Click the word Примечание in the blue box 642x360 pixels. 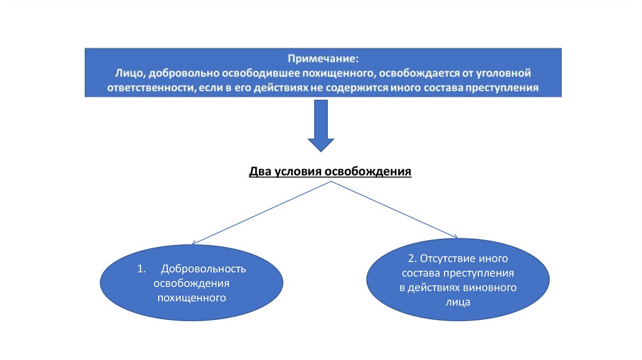[323, 59]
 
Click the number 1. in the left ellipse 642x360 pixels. [141, 269]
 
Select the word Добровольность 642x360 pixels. [203, 269]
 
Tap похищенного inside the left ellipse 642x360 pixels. [191, 297]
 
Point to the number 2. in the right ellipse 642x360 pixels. [411, 258]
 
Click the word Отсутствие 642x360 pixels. [448, 258]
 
